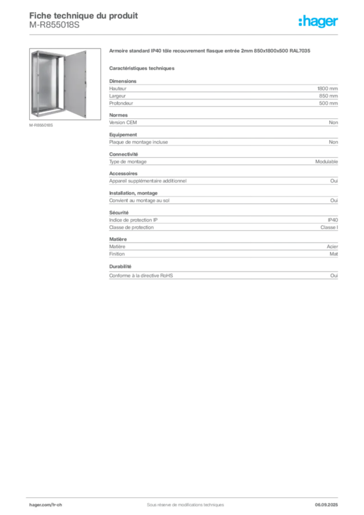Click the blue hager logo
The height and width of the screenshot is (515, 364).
coord(319,22)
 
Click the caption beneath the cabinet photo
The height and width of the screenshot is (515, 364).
coord(42,125)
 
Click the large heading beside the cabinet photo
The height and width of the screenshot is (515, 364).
coord(211,52)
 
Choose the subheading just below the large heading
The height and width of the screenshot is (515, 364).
coord(142,67)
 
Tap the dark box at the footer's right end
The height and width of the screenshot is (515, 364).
coord(330,501)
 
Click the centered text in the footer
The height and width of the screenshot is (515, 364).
coord(181,501)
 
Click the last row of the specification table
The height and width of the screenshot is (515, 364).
coord(223,275)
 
